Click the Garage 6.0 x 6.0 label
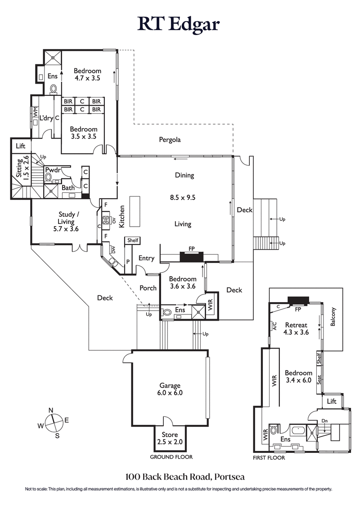[170, 389]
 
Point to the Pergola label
[170, 140]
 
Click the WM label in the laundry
[35, 112]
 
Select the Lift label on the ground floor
[21, 146]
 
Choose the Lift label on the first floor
[332, 401]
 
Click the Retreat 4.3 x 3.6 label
[296, 329]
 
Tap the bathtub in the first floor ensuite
[297, 430]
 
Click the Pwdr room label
[53, 170]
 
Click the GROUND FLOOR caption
[171, 457]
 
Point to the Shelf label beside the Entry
[133, 241]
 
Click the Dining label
[184, 175]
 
